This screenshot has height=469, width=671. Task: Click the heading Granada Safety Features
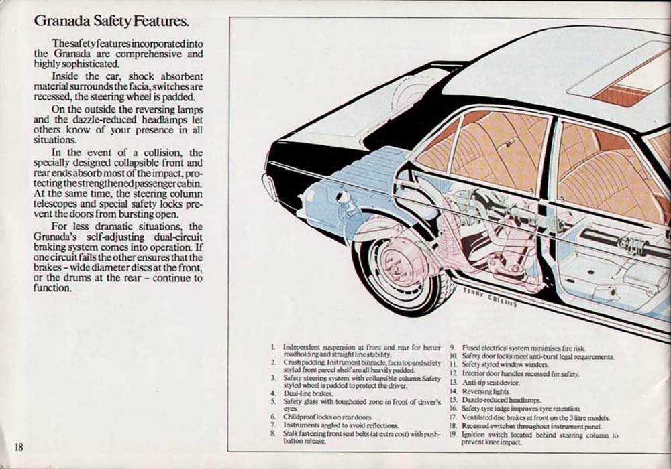pos(111,21)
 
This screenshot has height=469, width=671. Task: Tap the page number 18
pos(18,447)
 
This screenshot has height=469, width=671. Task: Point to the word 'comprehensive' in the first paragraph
pos(148,54)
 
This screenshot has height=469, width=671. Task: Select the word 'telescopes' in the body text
pos(54,204)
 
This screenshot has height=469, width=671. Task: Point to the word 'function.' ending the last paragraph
pos(52,288)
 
